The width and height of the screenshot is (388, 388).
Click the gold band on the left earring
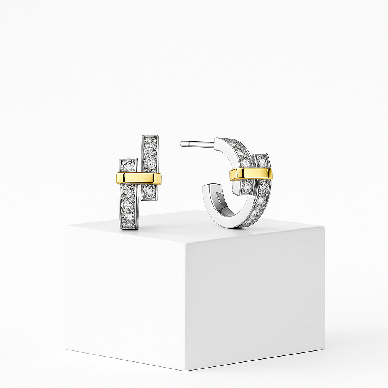[139, 178]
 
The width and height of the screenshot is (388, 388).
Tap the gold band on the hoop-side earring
[250, 174]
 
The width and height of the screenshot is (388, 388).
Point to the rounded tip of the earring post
[182, 144]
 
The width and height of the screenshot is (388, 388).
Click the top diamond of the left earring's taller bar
[150, 141]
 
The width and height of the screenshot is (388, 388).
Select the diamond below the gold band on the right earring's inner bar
[247, 186]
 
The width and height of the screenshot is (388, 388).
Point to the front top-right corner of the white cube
[324, 227]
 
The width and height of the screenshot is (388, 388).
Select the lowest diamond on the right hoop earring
[247, 222]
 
